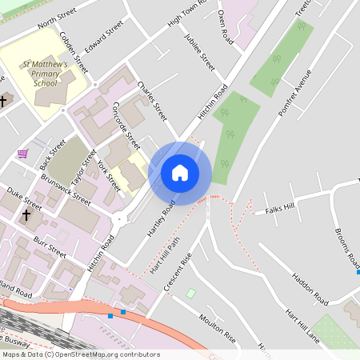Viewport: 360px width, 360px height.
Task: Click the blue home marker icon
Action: [x=180, y=173]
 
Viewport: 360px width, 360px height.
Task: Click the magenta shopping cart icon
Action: [x=22, y=153]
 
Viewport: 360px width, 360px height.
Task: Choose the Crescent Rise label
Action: [x=178, y=271]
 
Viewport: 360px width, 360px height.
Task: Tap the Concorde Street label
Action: [x=126, y=125]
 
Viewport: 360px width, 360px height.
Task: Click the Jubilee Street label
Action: [x=199, y=50]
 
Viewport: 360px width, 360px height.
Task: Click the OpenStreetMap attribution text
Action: [x=80, y=354]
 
